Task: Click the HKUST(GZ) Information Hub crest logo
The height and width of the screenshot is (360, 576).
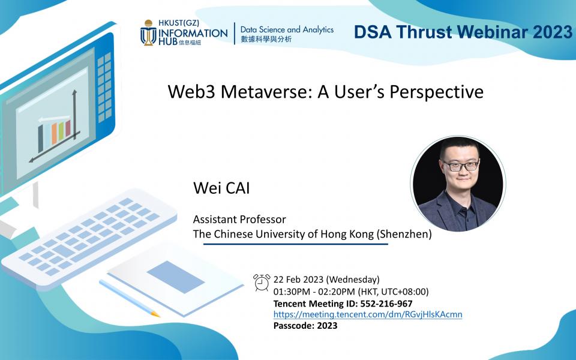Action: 148,32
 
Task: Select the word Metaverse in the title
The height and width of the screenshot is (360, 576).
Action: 266,92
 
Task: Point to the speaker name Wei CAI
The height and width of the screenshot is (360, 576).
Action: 221,188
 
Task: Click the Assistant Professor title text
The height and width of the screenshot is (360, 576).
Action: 239,220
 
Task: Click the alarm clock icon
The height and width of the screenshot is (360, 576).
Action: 262,283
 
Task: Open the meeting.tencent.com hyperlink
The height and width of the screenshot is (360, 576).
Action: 368,314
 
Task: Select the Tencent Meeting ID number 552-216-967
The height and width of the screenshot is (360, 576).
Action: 386,304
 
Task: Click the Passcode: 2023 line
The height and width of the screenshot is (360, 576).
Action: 305,326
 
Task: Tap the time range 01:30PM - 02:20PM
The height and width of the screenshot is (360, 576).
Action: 314,292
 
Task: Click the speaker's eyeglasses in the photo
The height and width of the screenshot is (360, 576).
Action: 461,166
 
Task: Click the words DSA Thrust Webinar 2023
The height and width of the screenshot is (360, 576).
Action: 463,32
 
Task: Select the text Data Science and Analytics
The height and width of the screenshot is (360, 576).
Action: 287,29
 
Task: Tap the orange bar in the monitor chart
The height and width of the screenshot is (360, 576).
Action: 54,134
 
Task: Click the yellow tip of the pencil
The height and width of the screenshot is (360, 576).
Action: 156,314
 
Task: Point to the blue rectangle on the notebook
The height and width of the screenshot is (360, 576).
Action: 176,277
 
